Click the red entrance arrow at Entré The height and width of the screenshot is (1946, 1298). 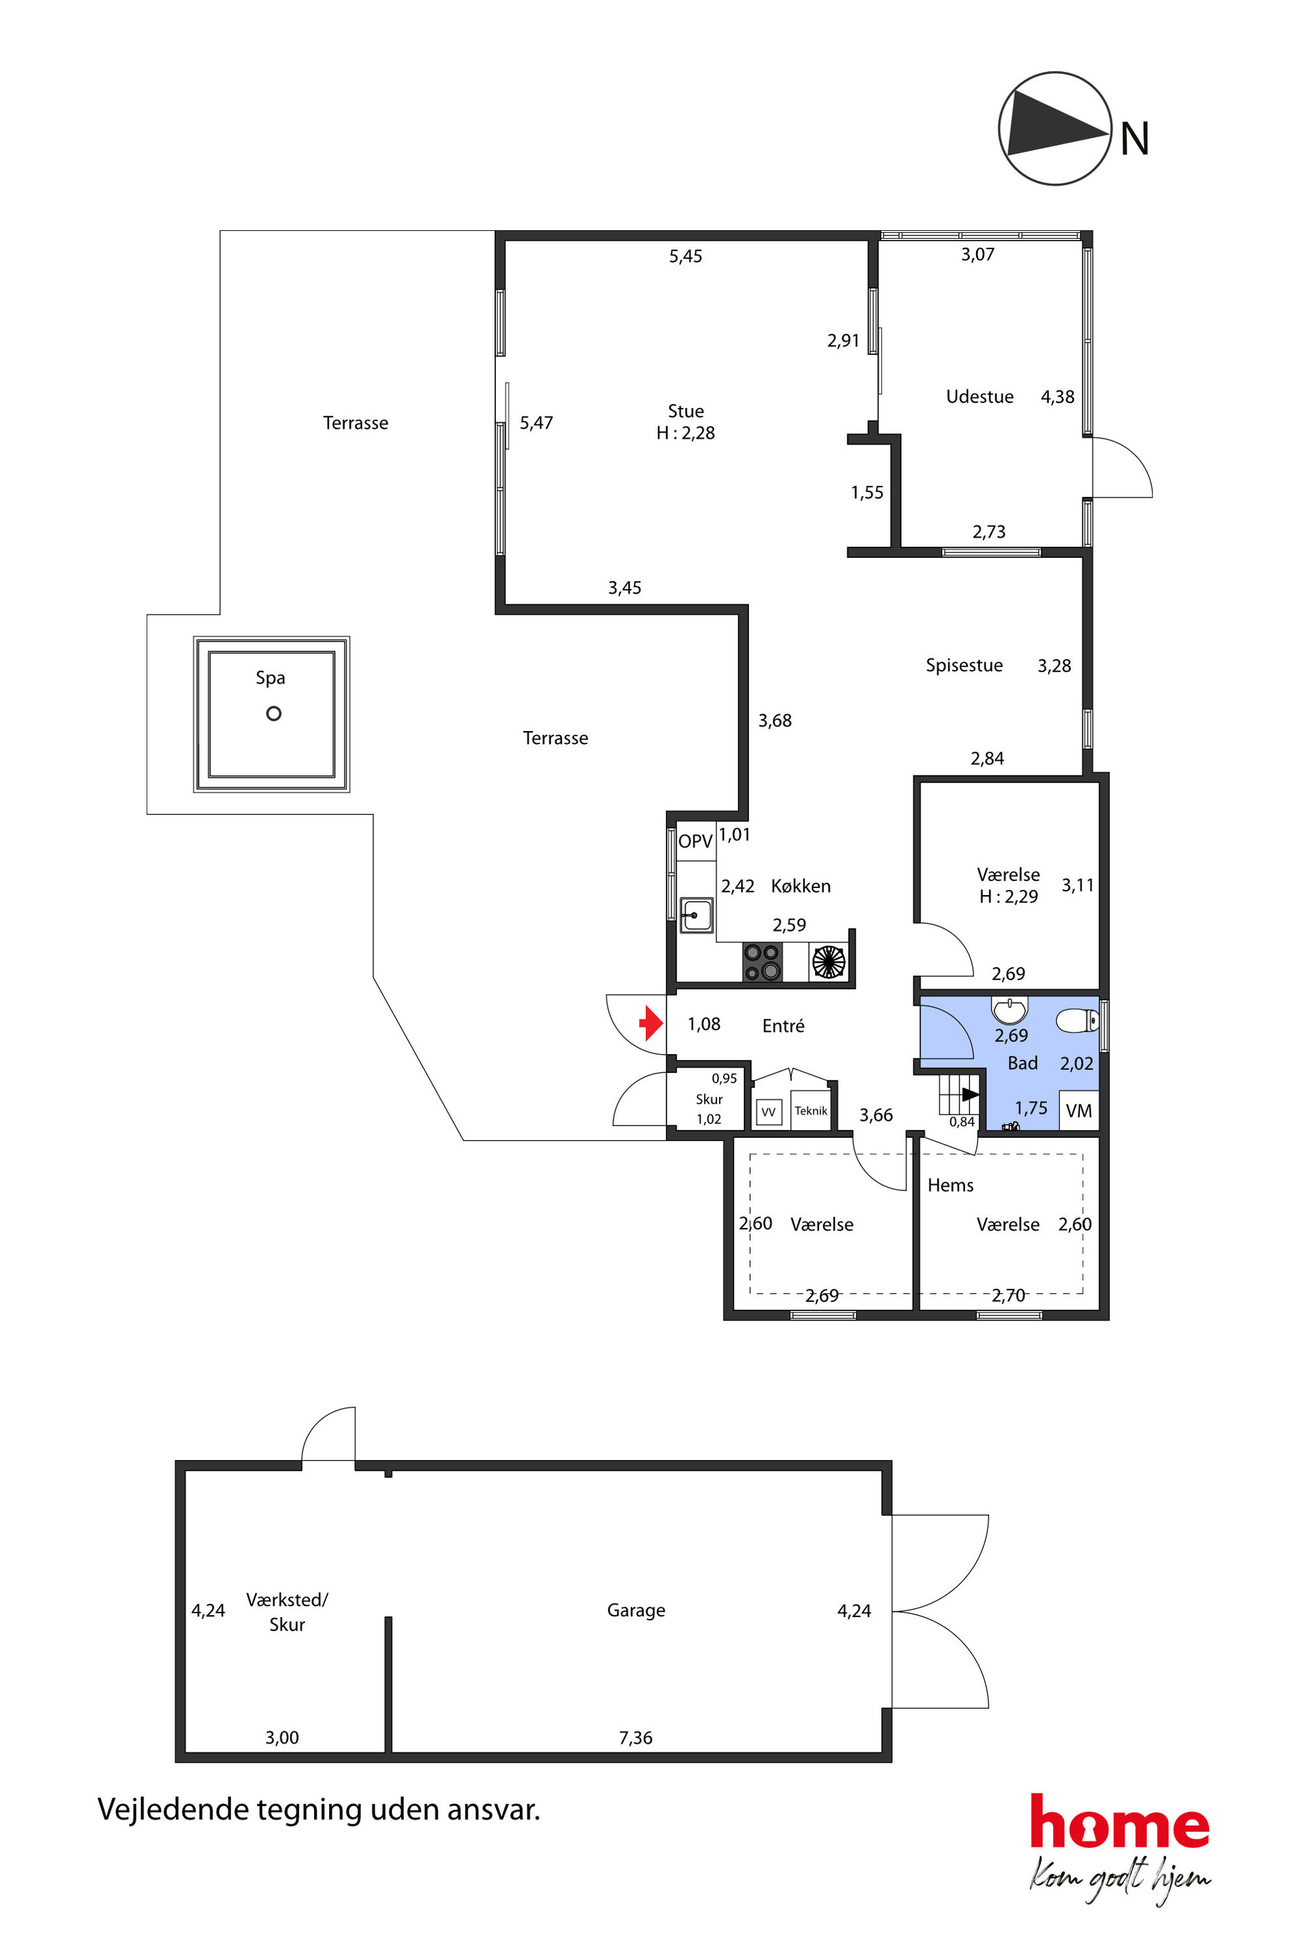tap(652, 1023)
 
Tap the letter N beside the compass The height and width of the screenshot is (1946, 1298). tap(1134, 139)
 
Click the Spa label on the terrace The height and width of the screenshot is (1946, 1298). tap(271, 677)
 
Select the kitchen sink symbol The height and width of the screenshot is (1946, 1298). tap(696, 915)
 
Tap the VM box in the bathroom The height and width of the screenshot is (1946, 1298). tap(1079, 1110)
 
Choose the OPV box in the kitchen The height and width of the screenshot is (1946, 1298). tap(695, 842)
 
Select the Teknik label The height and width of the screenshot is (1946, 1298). tap(811, 1110)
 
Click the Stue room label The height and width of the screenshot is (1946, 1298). tap(686, 411)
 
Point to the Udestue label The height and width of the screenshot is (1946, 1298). tap(979, 396)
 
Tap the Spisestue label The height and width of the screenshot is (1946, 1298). tap(964, 665)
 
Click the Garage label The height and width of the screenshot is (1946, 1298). tap(636, 1610)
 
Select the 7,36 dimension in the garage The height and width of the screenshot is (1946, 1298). tap(636, 1737)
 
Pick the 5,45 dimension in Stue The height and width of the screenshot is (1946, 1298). tap(686, 256)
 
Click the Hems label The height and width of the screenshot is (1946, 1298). tap(951, 1185)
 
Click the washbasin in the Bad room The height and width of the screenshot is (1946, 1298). tap(1009, 1010)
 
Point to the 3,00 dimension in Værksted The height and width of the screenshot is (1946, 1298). tap(282, 1737)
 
